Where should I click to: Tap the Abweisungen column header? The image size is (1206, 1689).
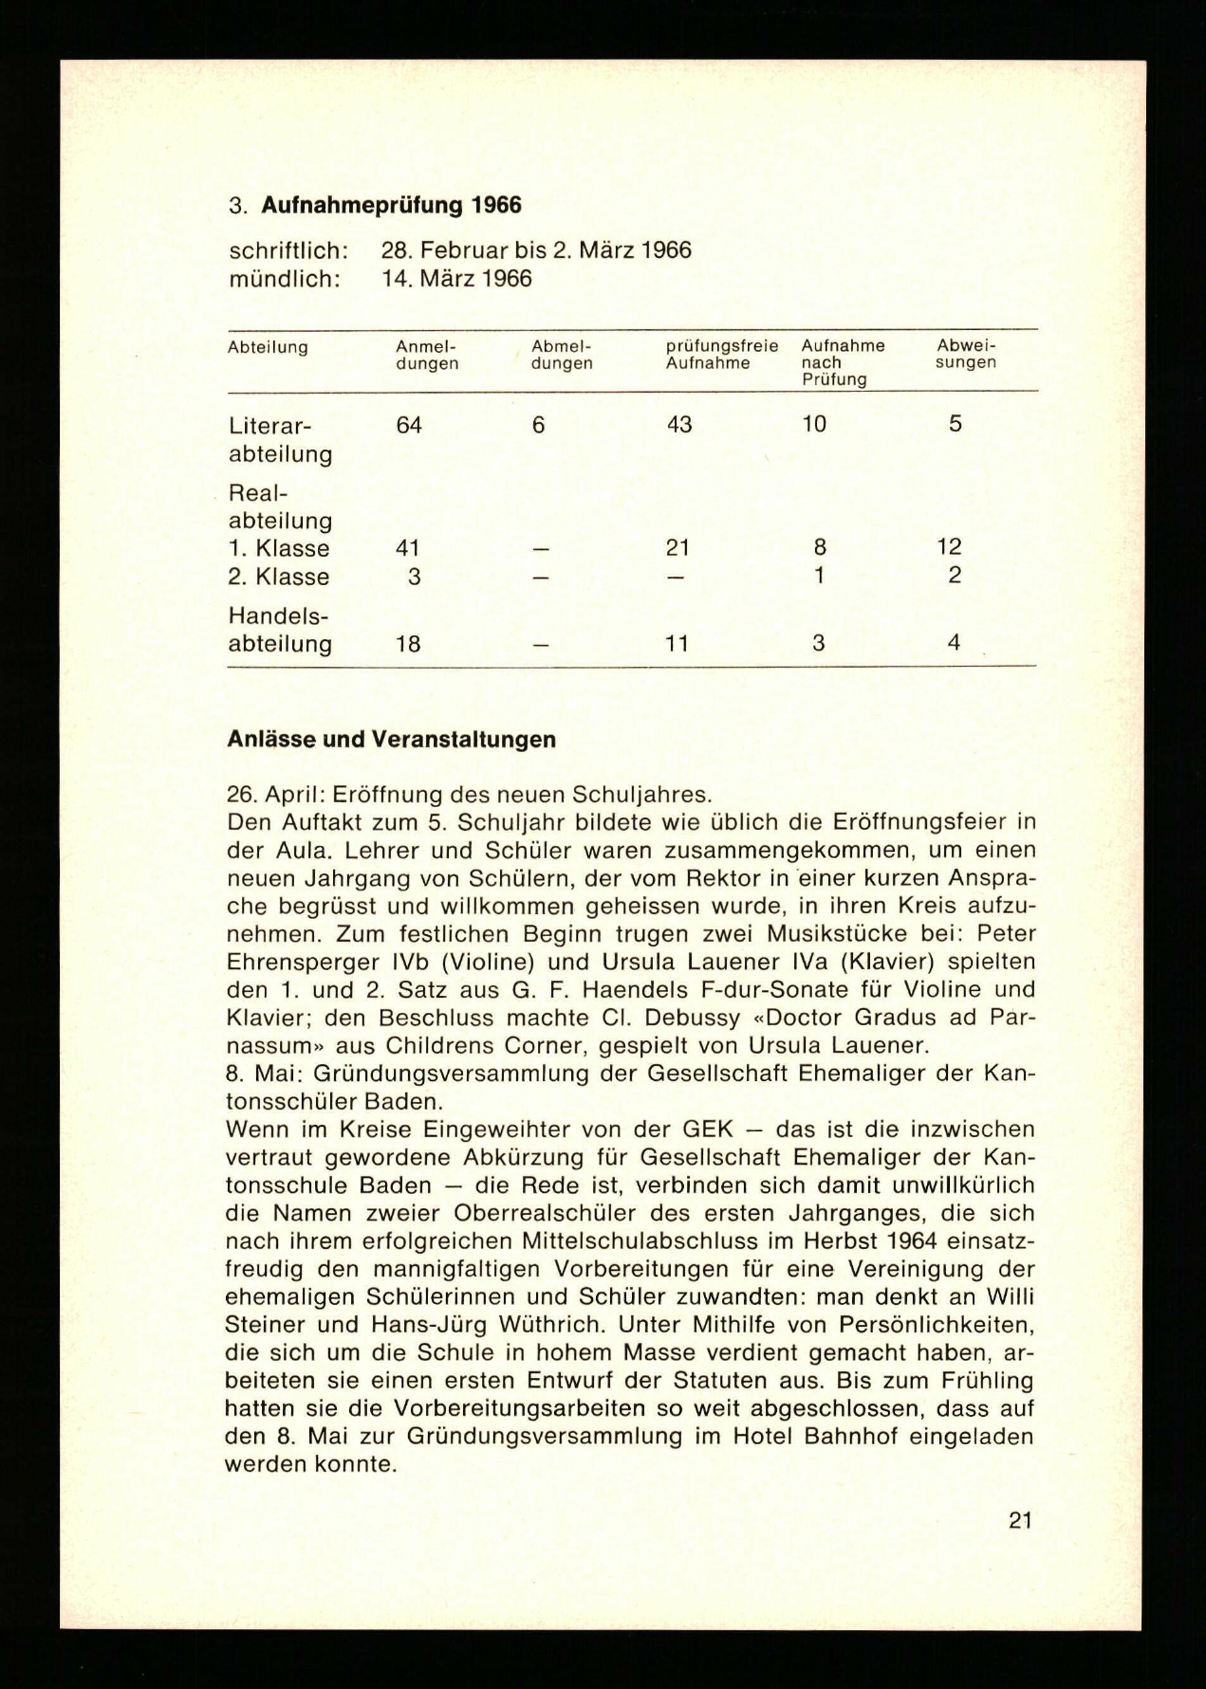point(965,354)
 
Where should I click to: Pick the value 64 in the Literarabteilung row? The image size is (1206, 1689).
point(408,425)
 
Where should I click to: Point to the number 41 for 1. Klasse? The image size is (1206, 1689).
point(407,548)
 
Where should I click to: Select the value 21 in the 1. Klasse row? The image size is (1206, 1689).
point(677,548)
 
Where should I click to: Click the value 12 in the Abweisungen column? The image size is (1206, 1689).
point(949,547)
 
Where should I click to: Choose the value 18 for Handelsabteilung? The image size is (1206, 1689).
point(407,643)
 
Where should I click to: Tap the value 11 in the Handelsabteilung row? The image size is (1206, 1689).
point(677,643)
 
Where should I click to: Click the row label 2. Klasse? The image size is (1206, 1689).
point(279,577)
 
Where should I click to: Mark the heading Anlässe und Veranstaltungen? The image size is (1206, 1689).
point(391,740)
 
